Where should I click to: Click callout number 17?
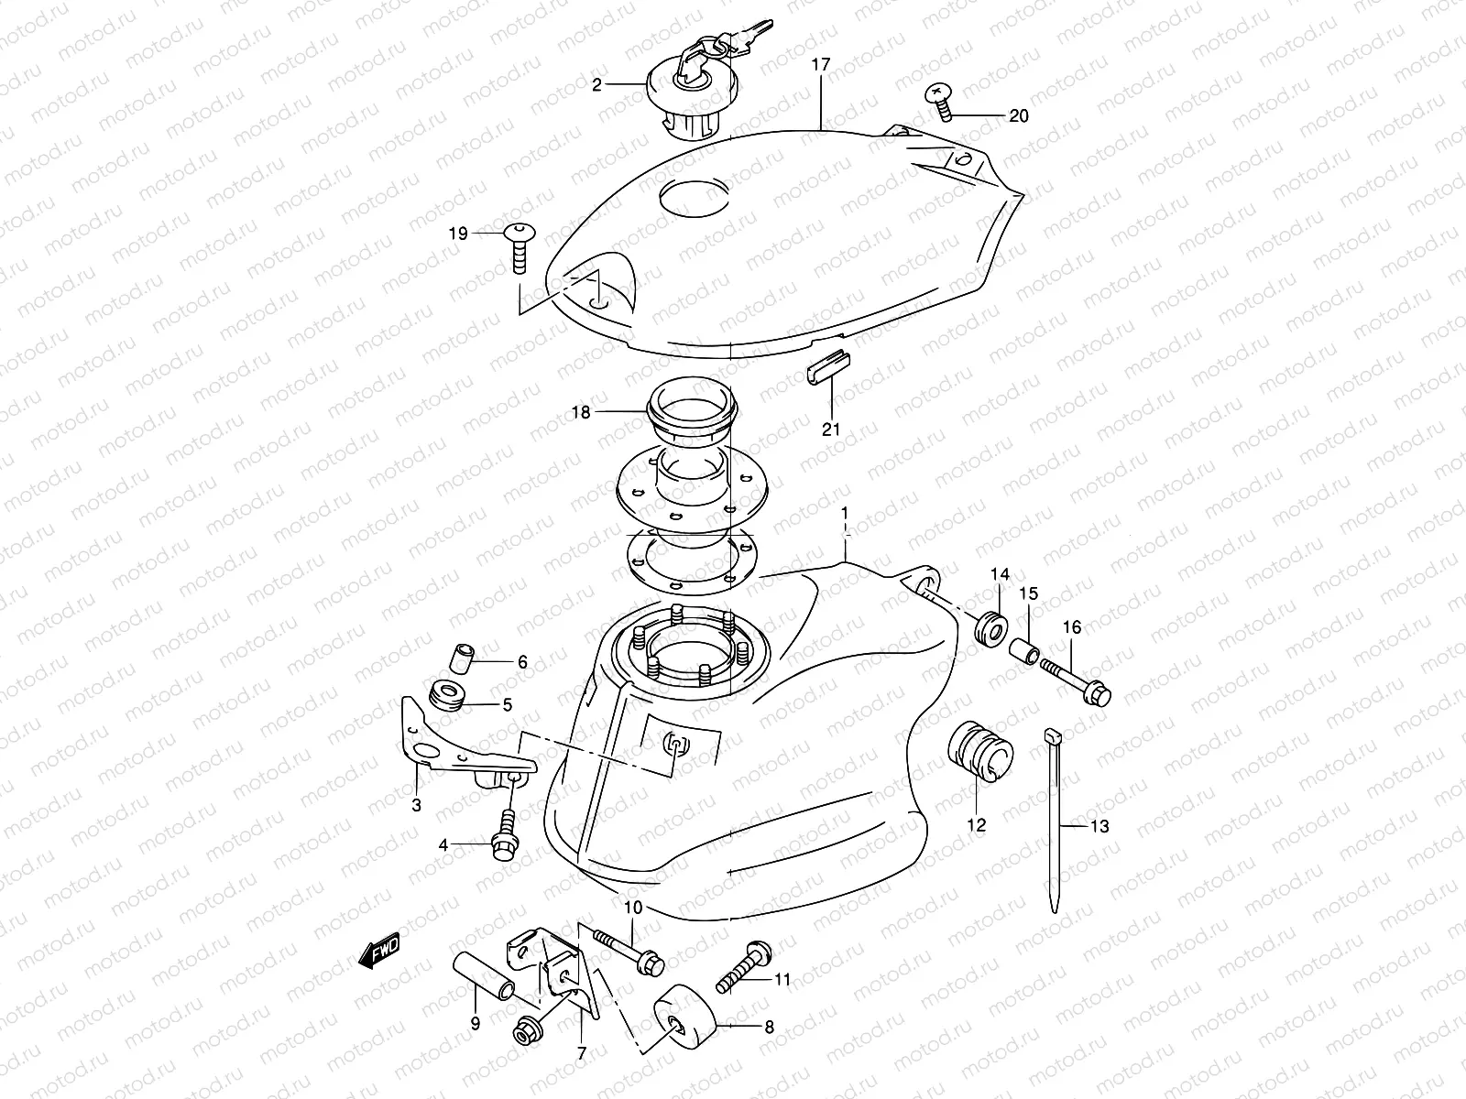[820, 64]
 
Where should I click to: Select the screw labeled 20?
[941, 100]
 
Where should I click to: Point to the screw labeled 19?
[519, 243]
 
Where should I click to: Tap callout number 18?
[581, 412]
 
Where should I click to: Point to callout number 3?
[416, 806]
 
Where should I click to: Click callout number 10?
[634, 908]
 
